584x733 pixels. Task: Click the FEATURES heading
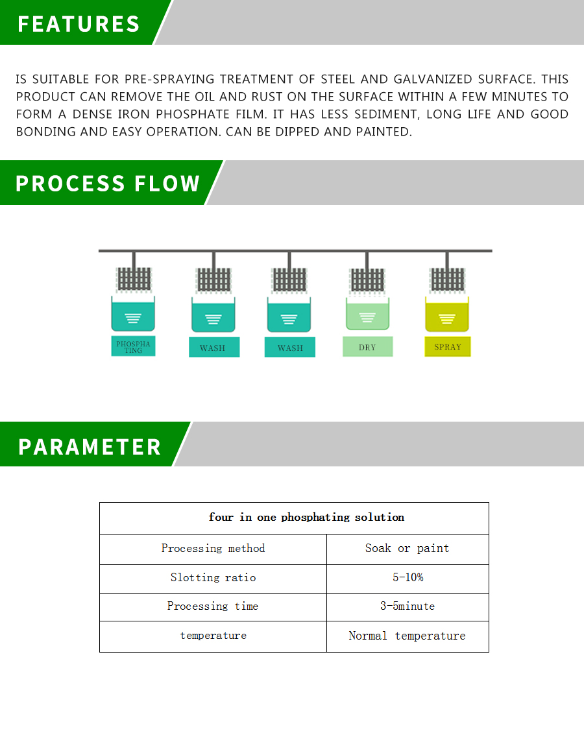[79, 24]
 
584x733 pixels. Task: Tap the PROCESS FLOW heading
[108, 184]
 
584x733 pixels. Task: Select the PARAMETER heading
[90, 447]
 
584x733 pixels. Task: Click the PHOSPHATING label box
[133, 346]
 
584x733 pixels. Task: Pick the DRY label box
[367, 347]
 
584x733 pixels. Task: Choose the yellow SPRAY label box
[448, 347]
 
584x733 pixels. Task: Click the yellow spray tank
[447, 316]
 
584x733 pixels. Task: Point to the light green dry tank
[367, 315]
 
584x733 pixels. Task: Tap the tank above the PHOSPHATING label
[133, 315]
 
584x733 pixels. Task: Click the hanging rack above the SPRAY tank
[447, 280]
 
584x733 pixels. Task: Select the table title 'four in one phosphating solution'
[306, 518]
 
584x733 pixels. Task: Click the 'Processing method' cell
[213, 549]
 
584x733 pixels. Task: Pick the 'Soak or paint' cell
[407, 549]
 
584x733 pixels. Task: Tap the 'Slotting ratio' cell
[213, 578]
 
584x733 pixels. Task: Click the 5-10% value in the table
[407, 578]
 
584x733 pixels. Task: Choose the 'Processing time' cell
[213, 607]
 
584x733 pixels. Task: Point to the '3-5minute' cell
[407, 607]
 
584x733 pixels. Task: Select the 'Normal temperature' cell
[407, 636]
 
